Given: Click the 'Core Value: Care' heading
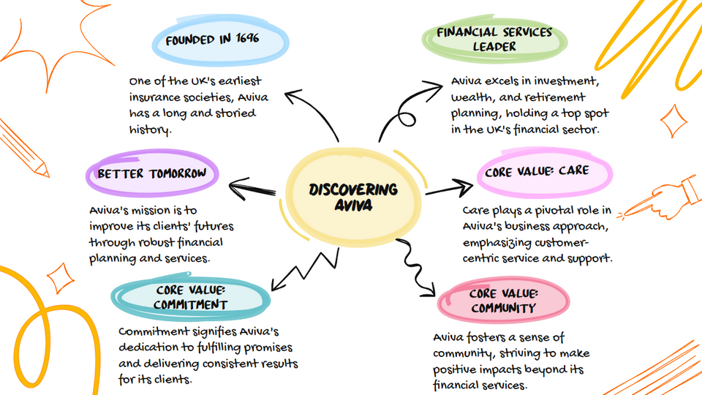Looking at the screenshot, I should pyautogui.click(x=536, y=173).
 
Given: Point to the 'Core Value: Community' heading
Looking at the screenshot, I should pyautogui.click(x=503, y=301).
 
